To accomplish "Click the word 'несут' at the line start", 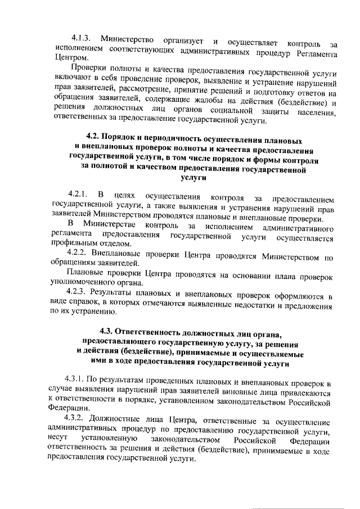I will point(59,442).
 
